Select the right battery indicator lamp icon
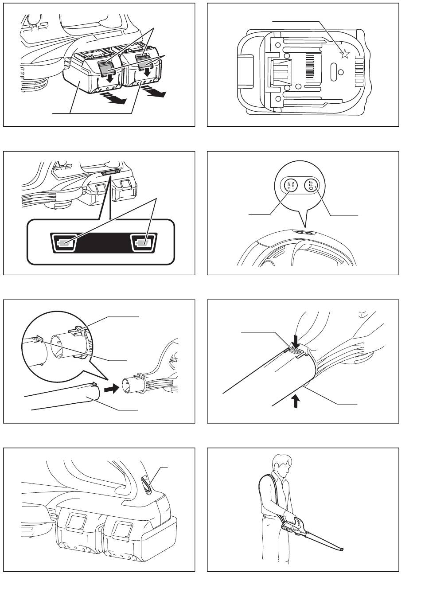pyautogui.click(x=143, y=242)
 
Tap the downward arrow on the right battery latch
pyautogui.click(x=148, y=72)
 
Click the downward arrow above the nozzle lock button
pyautogui.click(x=296, y=340)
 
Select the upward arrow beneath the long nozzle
pyautogui.click(x=296, y=402)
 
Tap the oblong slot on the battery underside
pyautogui.click(x=334, y=72)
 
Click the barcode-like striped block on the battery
pyautogui.click(x=310, y=67)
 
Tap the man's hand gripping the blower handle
pyautogui.click(x=289, y=515)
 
